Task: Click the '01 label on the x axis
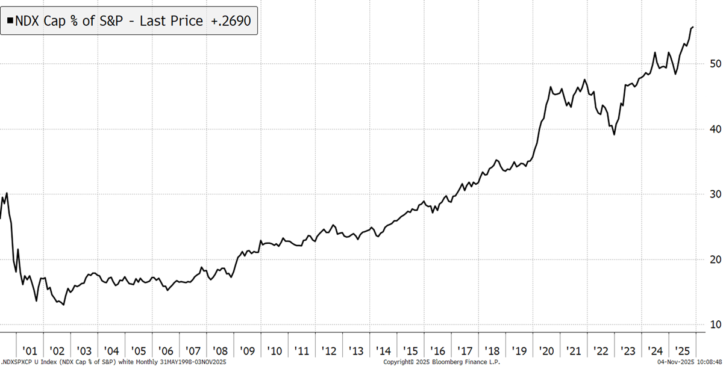point(30,350)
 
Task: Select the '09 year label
point(248,350)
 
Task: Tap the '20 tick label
point(548,350)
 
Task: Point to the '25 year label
point(684,350)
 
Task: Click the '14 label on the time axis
point(384,350)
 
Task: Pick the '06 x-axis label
point(166,350)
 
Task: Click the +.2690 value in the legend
point(230,21)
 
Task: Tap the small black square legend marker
point(10,21)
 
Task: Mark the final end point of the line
point(693,27)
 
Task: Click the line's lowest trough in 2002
point(63,305)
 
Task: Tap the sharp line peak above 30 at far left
point(7,193)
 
